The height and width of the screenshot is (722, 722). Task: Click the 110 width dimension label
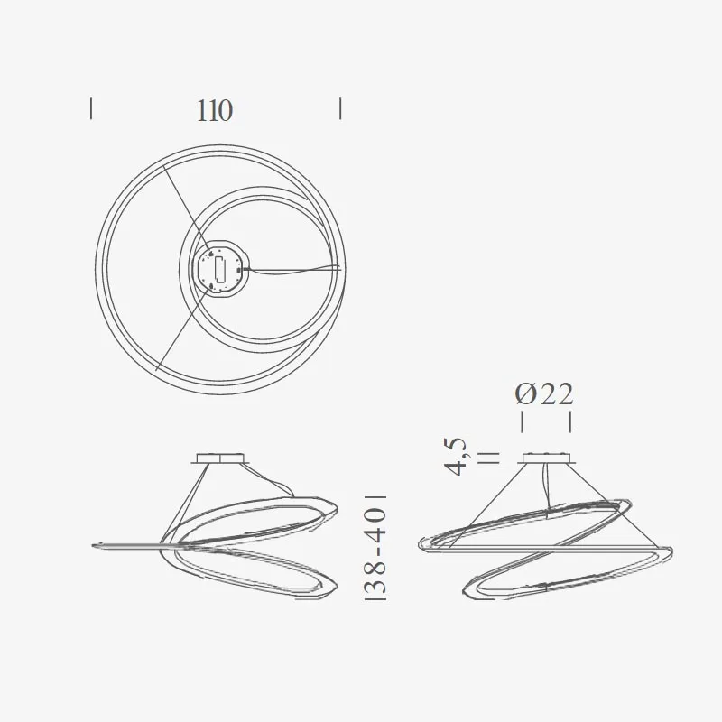(x=215, y=110)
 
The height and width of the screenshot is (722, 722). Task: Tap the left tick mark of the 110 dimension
(x=91, y=109)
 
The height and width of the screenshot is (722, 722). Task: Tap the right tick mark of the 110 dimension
(x=340, y=109)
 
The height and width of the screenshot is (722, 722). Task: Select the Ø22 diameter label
(x=544, y=394)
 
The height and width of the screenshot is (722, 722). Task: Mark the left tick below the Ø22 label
(x=522, y=422)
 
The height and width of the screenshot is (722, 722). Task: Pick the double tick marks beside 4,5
(x=488, y=457)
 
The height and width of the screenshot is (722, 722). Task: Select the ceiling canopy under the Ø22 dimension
(x=547, y=458)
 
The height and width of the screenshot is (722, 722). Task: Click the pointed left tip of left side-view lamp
(x=95, y=544)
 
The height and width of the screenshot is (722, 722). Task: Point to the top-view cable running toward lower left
(x=180, y=334)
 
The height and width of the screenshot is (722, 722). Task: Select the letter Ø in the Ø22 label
(x=526, y=394)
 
